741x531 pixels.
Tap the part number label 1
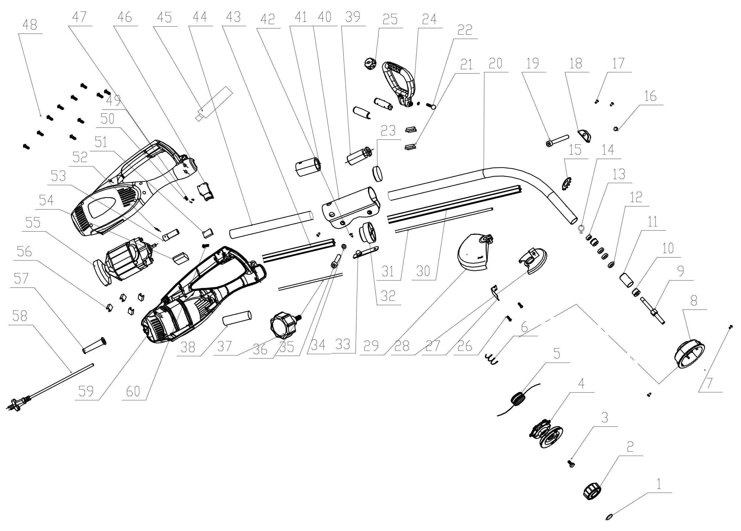659,484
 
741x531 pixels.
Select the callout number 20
495,63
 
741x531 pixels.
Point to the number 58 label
19,316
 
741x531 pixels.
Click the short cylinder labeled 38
237,318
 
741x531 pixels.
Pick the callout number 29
371,345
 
